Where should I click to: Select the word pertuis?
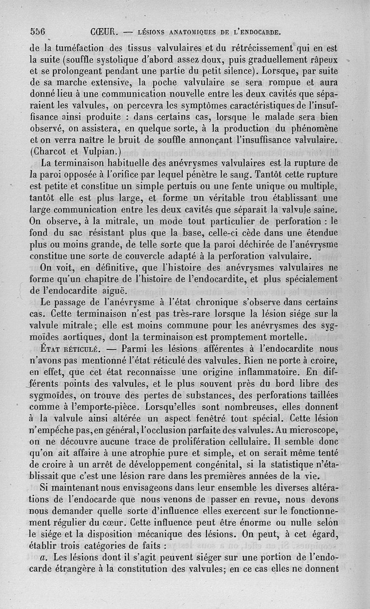(x=182, y=186)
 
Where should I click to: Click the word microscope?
(x=310, y=430)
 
